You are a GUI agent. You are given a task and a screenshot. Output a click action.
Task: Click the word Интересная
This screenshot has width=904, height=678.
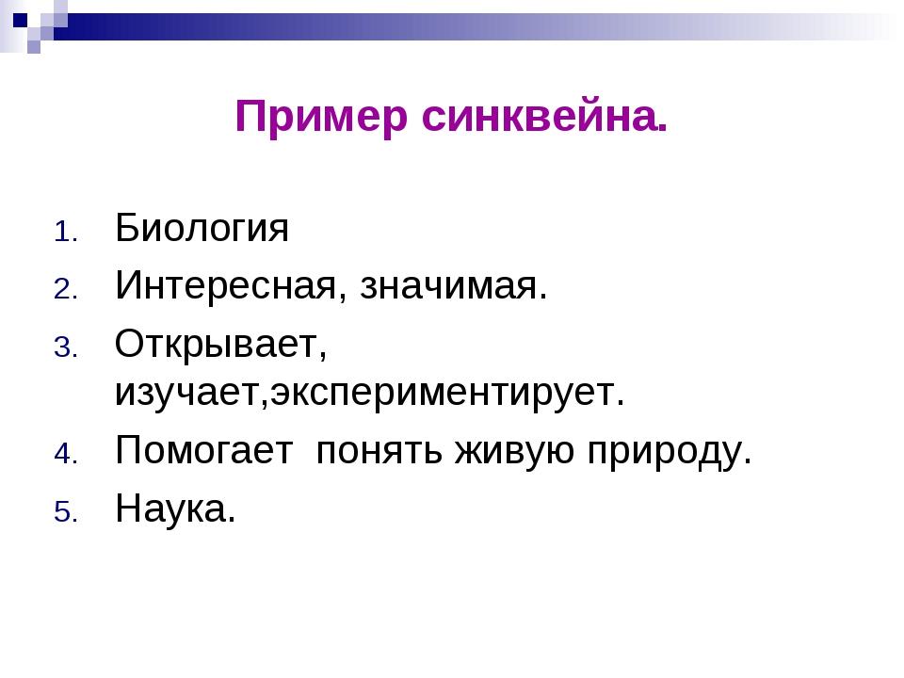pyautogui.click(x=225, y=285)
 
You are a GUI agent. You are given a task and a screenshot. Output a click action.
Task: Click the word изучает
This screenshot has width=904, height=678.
pyautogui.click(x=188, y=394)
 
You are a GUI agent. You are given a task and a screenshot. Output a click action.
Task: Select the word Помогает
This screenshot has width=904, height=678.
pyautogui.click(x=204, y=451)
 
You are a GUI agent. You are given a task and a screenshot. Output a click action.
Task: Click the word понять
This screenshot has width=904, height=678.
pyautogui.click(x=379, y=451)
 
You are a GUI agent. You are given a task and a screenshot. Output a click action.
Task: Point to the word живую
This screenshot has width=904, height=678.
pyautogui.click(x=514, y=451)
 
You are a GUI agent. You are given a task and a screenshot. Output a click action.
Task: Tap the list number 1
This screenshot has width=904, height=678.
pyautogui.click(x=66, y=233)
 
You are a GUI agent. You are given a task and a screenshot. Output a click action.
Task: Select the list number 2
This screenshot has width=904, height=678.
pyautogui.click(x=66, y=289)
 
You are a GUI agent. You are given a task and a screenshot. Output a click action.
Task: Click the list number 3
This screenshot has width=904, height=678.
pyautogui.click(x=66, y=348)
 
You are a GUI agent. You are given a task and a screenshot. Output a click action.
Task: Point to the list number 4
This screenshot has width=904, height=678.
pyautogui.click(x=66, y=454)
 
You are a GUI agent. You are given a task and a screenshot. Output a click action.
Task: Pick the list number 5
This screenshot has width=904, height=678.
pyautogui.click(x=66, y=512)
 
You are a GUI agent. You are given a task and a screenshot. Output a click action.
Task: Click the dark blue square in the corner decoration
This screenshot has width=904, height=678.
pyautogui.click(x=20, y=21)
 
